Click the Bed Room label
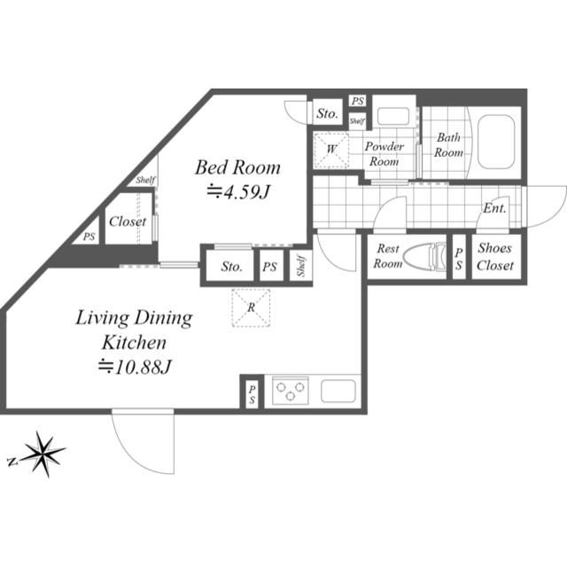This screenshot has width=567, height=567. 237,167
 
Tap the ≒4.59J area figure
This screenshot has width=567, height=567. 238,192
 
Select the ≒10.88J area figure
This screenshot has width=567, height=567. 134,367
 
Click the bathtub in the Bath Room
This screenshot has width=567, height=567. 496,142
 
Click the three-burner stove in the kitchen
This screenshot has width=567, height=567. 291,391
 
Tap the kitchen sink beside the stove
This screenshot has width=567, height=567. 338,391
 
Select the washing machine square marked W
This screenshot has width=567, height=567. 331,150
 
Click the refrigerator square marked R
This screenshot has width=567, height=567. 251,307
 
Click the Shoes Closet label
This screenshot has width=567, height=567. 495,257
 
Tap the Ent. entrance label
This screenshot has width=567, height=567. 494,208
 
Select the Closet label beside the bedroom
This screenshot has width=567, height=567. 128,221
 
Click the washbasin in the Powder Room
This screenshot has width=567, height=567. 393,116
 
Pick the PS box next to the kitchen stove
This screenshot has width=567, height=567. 252,394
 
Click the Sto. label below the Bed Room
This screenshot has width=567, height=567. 231,267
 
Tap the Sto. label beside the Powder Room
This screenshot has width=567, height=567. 327,113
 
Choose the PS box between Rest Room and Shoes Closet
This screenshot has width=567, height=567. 459,258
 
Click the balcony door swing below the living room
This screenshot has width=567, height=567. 144,441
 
